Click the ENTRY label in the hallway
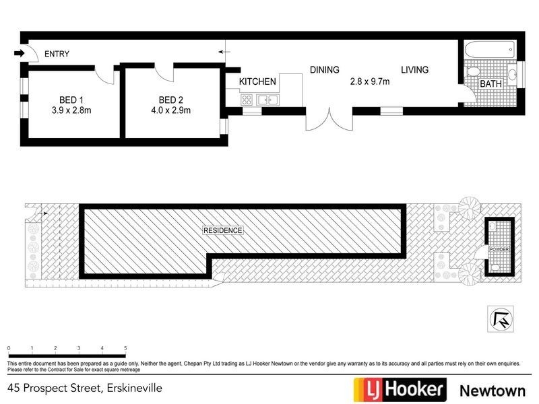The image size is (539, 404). tap(57, 54)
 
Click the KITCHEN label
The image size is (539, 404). tap(258, 81)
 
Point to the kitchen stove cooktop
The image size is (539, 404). tap(247, 100)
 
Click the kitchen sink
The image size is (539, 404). tap(267, 100)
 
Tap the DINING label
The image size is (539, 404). tap(324, 69)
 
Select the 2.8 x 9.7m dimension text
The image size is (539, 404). tap(370, 81)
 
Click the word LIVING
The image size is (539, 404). tap(414, 69)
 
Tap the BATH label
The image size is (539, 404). tap(490, 83)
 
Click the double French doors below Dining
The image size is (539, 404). tap(328, 120)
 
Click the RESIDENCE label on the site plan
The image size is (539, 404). tap(222, 230)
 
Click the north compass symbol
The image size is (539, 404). tap(500, 318)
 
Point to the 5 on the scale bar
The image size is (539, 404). tap(125, 348)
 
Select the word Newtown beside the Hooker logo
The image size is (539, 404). tap(490, 389)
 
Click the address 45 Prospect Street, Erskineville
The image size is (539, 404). tap(85, 388)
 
